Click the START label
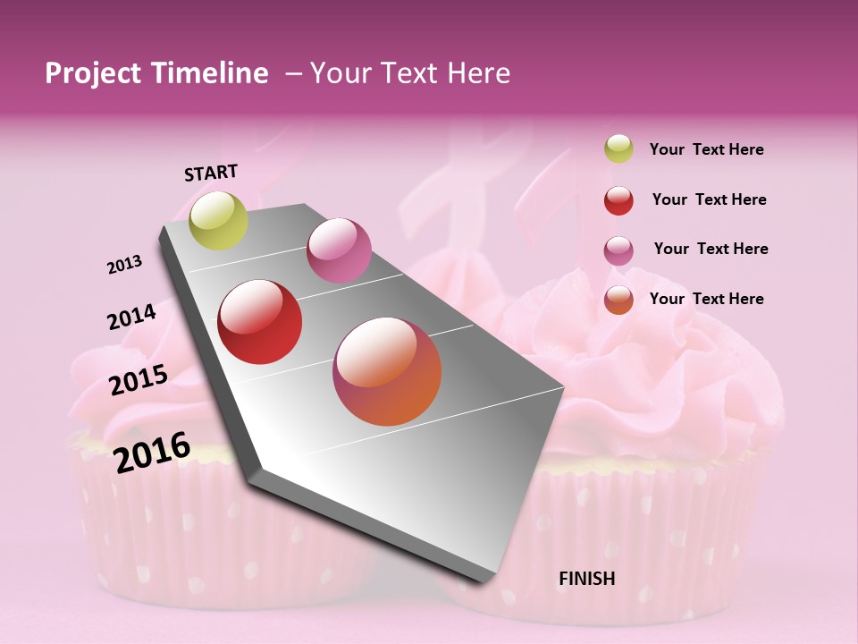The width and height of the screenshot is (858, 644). pos(211,173)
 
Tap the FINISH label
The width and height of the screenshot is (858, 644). pos(586,579)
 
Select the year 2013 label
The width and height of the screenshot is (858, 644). pos(124,265)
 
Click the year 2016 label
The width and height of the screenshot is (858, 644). pos(152,452)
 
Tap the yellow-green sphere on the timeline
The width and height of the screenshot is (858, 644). pos(218,221)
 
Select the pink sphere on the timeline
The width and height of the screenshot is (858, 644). pos(339,250)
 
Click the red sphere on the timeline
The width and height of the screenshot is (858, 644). pos(260,322)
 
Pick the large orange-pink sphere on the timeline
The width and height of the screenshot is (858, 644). pos(387,371)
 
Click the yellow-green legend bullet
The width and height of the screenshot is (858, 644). pos(618,149)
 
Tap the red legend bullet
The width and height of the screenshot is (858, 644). pos(618,200)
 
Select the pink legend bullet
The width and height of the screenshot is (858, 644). pos(618,250)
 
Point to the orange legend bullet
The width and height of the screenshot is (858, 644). pos(618,300)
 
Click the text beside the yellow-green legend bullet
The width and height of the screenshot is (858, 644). pos(706,149)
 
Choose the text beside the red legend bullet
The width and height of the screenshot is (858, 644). pos(709,199)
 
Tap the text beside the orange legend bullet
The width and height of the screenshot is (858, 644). pos(706,299)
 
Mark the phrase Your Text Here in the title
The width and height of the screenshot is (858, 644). pos(410,73)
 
